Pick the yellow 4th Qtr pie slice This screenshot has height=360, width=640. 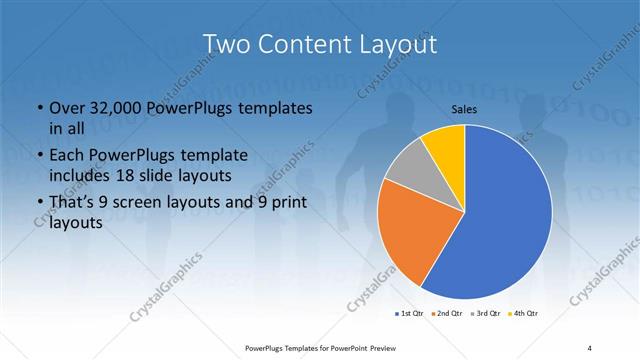pos(443,146)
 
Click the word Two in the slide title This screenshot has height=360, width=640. pos(225,44)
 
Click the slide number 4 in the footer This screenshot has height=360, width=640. pos(589,348)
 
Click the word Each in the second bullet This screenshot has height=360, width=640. pos(67,155)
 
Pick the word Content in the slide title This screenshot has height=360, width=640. pos(299,44)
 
